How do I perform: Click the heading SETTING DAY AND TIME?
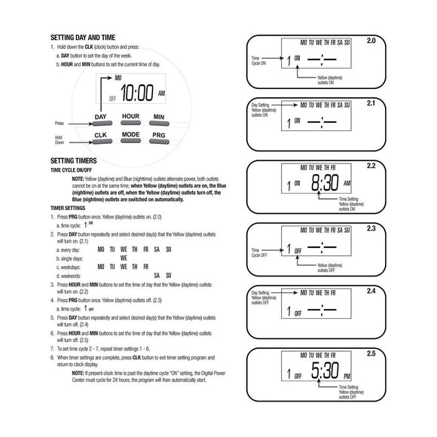(83, 37)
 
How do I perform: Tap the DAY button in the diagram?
(100, 118)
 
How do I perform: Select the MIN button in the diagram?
(158, 118)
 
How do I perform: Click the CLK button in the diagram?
(100, 136)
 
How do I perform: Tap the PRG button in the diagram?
(158, 136)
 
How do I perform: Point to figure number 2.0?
(370, 40)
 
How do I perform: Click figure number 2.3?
(370, 228)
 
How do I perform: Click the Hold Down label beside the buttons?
(60, 139)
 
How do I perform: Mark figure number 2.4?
(370, 290)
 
